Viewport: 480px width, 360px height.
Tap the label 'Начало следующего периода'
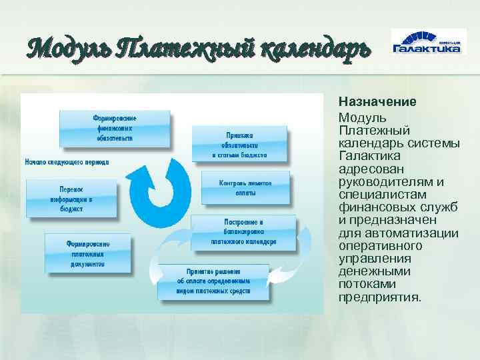point(67,162)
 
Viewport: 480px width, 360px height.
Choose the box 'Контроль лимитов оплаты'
point(245,187)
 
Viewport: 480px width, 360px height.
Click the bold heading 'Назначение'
point(377,103)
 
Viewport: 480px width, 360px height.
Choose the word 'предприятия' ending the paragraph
point(379,297)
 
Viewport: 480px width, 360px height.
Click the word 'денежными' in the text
point(371,271)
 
